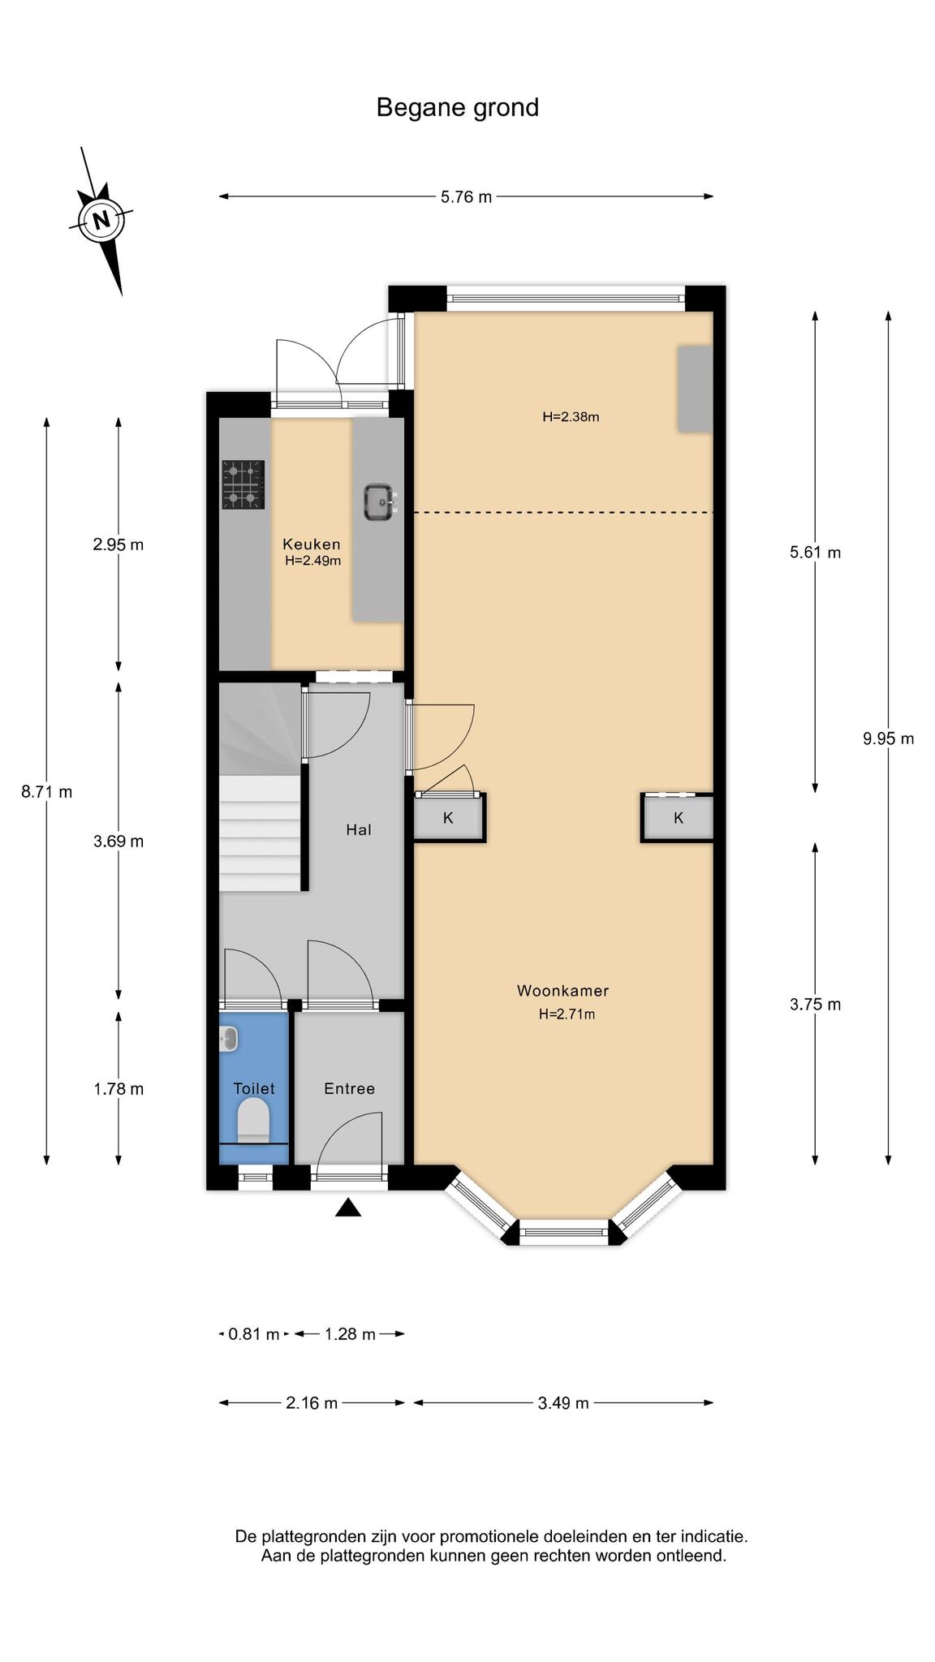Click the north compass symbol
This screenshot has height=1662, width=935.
tap(101, 220)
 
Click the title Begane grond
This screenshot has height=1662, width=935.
tap(458, 108)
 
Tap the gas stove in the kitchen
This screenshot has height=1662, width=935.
tap(243, 484)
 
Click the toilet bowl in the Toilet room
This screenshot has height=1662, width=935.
tap(253, 1120)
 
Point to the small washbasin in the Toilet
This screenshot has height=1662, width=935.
tap(228, 1039)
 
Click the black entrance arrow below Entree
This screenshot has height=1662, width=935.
tap(348, 1208)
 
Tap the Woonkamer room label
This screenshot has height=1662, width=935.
tap(562, 991)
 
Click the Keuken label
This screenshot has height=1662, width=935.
tap(312, 544)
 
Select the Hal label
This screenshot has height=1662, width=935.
tap(359, 829)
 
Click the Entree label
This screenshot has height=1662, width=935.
tap(349, 1089)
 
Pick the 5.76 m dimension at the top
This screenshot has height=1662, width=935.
tap(467, 196)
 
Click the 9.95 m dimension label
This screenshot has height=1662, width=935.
tap(889, 738)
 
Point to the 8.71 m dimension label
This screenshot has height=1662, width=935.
tap(47, 791)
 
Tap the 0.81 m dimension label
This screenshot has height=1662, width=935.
tap(254, 1334)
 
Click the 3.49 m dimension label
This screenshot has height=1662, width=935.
tap(563, 1403)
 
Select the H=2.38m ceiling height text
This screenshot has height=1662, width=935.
tap(571, 417)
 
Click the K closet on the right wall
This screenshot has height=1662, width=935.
tap(678, 817)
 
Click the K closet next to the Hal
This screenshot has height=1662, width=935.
tap(449, 817)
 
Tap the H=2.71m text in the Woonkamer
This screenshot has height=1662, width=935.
tap(567, 1014)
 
